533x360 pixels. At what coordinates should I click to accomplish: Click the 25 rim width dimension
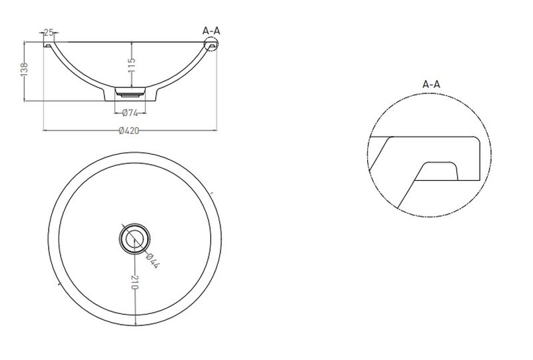coord(49,33)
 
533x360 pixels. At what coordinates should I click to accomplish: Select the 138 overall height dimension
coord(24,69)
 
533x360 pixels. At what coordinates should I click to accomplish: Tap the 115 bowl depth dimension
coord(131,65)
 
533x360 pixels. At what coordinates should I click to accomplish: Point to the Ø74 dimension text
coord(129,113)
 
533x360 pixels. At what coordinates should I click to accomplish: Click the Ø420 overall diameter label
coord(129,131)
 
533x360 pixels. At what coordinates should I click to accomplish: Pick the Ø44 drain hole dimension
coord(153,261)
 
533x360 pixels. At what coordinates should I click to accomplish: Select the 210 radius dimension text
coord(135,283)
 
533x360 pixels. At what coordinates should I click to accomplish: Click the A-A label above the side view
coord(211,31)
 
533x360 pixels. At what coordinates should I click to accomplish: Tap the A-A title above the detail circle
coord(431,84)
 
